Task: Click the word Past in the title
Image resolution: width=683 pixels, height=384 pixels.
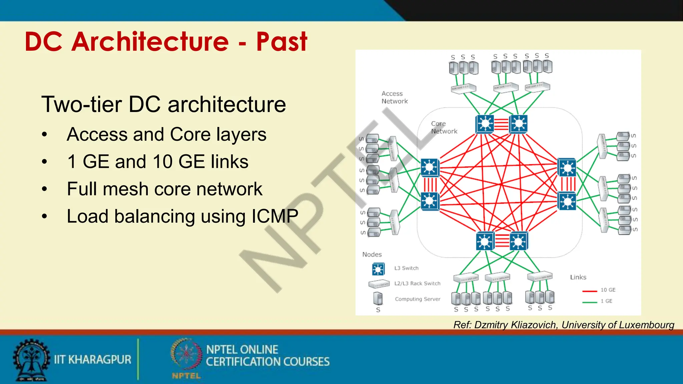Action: tap(281, 42)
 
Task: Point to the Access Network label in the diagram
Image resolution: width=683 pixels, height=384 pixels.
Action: tap(394, 97)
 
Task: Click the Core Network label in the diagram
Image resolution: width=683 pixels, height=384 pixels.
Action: tap(444, 127)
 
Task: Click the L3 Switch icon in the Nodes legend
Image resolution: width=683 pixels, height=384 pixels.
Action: tap(378, 269)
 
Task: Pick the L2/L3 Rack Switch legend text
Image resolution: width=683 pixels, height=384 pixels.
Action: tap(417, 283)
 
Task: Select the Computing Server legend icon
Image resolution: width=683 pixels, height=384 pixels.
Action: tap(378, 298)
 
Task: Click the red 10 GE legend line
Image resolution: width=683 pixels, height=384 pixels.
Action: tap(589, 291)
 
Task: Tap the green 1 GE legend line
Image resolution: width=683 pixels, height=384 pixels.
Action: tap(589, 302)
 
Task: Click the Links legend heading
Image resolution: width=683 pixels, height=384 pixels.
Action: tap(578, 277)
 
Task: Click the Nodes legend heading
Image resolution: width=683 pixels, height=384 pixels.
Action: tap(372, 254)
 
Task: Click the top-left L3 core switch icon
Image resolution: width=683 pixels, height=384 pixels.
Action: tap(485, 124)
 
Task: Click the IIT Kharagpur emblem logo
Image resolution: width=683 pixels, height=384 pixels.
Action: tap(31, 360)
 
